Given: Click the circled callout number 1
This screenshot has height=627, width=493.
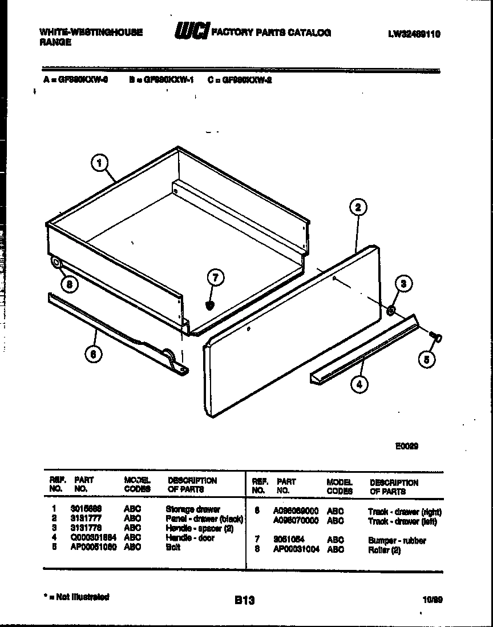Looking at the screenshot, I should [x=100, y=163].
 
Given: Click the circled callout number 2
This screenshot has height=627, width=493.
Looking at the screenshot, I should [x=358, y=207].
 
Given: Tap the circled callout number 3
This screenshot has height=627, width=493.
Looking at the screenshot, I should [x=403, y=284].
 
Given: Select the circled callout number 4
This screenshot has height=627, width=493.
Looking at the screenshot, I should [x=359, y=384].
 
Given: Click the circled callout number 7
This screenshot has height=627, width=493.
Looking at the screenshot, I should [x=215, y=279].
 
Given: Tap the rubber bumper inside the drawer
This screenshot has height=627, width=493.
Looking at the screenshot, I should [x=211, y=305].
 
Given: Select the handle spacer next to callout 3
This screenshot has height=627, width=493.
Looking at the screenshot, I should [x=391, y=310].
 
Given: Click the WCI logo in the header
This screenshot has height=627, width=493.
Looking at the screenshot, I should [x=192, y=33].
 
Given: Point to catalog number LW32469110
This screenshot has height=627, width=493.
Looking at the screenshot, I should [x=414, y=34].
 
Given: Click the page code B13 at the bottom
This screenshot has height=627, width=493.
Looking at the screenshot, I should [x=244, y=600].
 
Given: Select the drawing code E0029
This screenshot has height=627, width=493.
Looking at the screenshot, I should [x=407, y=447].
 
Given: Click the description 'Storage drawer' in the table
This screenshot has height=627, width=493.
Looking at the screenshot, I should [x=193, y=509].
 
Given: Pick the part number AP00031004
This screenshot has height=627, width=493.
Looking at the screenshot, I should [x=296, y=549].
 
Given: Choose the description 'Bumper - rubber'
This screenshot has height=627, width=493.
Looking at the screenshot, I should [x=397, y=540].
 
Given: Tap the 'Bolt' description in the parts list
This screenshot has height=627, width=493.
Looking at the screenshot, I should [x=173, y=547].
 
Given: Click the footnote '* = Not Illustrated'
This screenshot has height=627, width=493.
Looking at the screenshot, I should [x=76, y=597].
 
